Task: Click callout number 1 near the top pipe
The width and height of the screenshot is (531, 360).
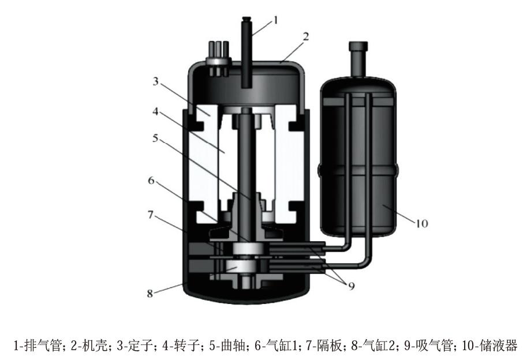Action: (275, 20)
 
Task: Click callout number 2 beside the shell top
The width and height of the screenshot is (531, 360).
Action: (306, 36)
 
